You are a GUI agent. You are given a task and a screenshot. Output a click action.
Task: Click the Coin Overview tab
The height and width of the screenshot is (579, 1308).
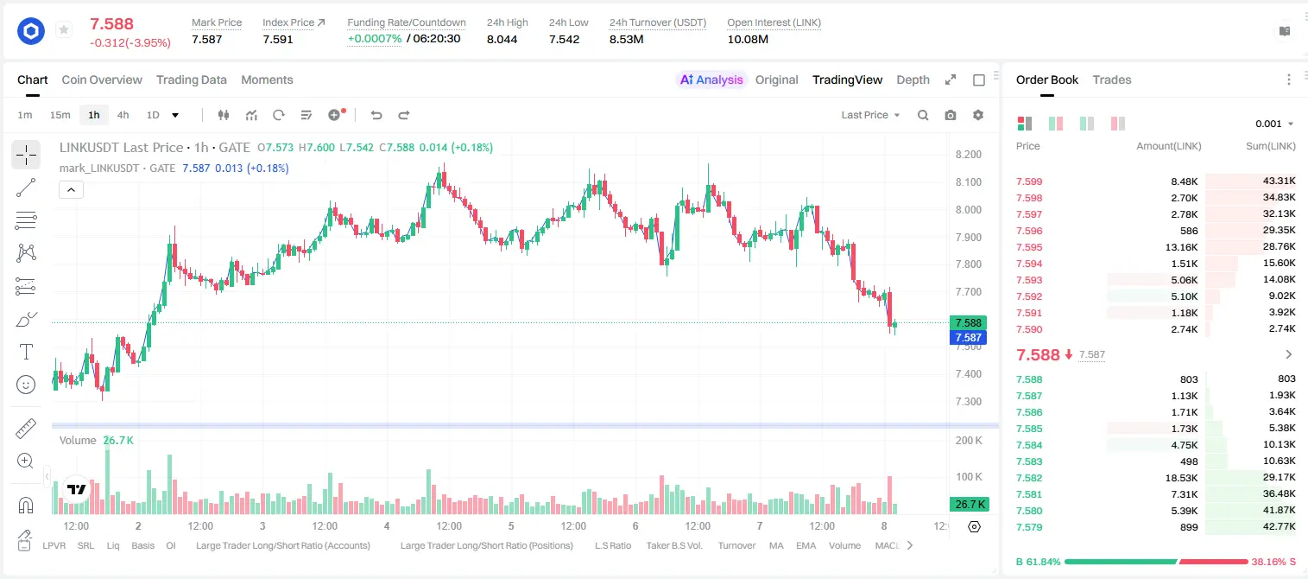102,80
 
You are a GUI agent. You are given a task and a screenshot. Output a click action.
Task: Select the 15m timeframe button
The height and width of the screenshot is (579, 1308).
60,115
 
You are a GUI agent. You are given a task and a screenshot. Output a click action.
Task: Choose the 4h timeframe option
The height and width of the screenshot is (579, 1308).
123,115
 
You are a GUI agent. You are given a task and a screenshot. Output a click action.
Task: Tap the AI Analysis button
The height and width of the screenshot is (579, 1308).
711,80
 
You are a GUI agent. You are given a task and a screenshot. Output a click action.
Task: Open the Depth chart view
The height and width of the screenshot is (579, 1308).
913,80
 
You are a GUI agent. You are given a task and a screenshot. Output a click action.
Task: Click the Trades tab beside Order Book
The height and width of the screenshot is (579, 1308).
1112,80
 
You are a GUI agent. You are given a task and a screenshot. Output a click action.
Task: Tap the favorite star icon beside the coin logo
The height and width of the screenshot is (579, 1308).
64,29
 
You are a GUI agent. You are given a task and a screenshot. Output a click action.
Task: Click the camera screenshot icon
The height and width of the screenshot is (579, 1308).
951,115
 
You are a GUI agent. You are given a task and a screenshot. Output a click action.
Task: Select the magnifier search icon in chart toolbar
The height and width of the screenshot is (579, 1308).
923,115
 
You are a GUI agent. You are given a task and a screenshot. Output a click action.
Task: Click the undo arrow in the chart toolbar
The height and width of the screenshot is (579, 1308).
376,115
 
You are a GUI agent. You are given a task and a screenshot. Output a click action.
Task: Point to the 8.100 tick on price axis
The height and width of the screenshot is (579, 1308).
968,181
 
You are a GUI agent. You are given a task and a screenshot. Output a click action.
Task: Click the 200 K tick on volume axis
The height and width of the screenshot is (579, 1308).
969,441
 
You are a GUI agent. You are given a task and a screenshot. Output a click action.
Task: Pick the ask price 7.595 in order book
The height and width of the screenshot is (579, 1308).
1029,247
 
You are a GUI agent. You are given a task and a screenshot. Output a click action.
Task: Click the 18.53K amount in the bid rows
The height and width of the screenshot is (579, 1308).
1181,478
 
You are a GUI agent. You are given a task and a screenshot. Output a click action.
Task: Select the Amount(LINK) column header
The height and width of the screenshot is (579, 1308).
1168,146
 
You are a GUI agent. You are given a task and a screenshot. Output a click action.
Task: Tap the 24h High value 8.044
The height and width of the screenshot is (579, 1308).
502,39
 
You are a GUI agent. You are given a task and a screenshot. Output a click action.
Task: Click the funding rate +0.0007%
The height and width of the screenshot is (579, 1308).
375,39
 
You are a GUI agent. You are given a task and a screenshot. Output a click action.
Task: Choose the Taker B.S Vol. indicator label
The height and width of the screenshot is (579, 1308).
674,545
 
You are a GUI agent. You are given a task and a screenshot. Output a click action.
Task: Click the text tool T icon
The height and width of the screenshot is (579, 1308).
26,352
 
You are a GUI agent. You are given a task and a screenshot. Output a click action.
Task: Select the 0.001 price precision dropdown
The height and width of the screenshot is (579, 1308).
1274,124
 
